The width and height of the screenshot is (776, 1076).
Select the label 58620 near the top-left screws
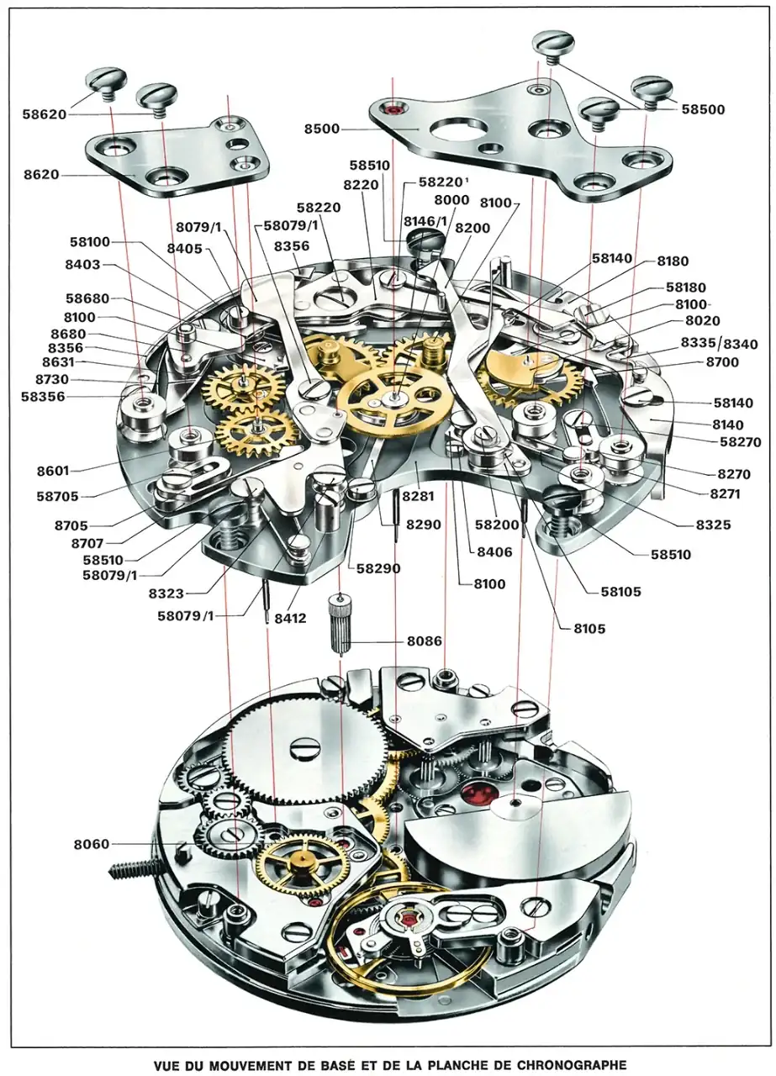45,114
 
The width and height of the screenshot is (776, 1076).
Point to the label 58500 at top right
703,110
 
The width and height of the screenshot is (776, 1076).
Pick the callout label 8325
713,525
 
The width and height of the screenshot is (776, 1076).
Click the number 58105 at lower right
620,592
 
